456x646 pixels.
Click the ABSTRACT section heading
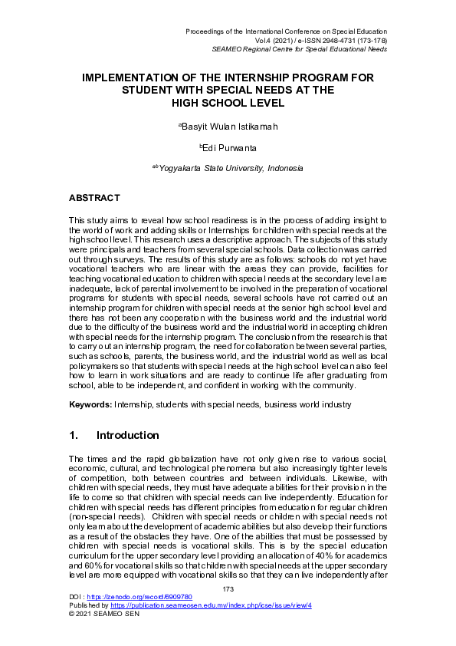[x=94, y=197]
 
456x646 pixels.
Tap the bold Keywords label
[x=90, y=404]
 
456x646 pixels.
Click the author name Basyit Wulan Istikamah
[x=228, y=125]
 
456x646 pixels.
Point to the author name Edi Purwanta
[x=228, y=147]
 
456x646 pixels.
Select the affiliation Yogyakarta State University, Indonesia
[x=228, y=168]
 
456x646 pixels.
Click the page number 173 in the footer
[x=228, y=588]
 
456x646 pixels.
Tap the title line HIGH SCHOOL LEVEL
[x=228, y=101]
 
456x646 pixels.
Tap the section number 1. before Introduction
[x=74, y=435]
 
